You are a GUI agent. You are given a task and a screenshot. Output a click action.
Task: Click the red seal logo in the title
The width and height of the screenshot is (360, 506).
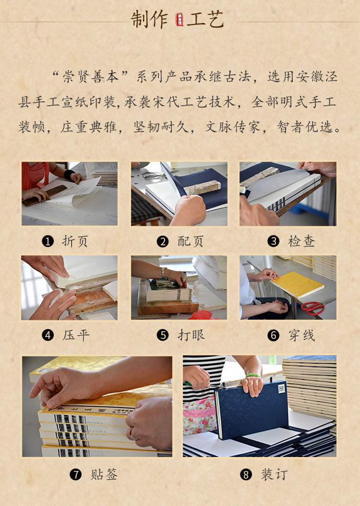(x=180, y=19)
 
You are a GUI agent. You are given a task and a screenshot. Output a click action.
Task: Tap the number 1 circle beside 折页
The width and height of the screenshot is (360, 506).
(x=48, y=241)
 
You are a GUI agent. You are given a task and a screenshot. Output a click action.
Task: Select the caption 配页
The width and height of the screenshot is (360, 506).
(x=191, y=241)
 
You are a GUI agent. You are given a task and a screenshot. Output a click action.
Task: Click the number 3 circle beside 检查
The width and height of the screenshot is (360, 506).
(x=273, y=241)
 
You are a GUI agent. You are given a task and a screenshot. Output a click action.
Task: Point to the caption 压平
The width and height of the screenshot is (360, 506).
(x=76, y=335)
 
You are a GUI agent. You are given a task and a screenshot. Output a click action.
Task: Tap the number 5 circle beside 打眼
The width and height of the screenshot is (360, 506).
(x=163, y=335)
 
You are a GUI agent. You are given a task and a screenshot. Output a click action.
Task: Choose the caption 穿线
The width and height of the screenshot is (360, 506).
(x=301, y=335)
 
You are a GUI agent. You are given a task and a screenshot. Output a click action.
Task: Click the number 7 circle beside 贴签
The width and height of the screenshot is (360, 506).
(x=75, y=475)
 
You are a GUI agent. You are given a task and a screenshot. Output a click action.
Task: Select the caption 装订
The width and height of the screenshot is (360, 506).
(x=274, y=475)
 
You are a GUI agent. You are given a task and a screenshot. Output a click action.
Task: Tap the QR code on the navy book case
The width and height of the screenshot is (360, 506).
(x=282, y=388)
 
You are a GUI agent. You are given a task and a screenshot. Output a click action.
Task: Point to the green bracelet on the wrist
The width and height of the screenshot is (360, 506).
(x=253, y=375)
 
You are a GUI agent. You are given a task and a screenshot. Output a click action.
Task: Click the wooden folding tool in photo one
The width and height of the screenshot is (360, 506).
(x=45, y=195)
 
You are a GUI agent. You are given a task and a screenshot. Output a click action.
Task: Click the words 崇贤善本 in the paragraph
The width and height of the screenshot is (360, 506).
(x=91, y=77)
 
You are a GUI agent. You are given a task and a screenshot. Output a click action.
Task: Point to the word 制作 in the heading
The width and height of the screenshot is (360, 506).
(x=149, y=19)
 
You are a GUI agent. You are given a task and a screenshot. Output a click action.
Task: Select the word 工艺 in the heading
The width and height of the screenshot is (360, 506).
(x=205, y=19)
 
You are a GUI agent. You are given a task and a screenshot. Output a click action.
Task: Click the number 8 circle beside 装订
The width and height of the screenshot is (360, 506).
(x=246, y=475)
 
